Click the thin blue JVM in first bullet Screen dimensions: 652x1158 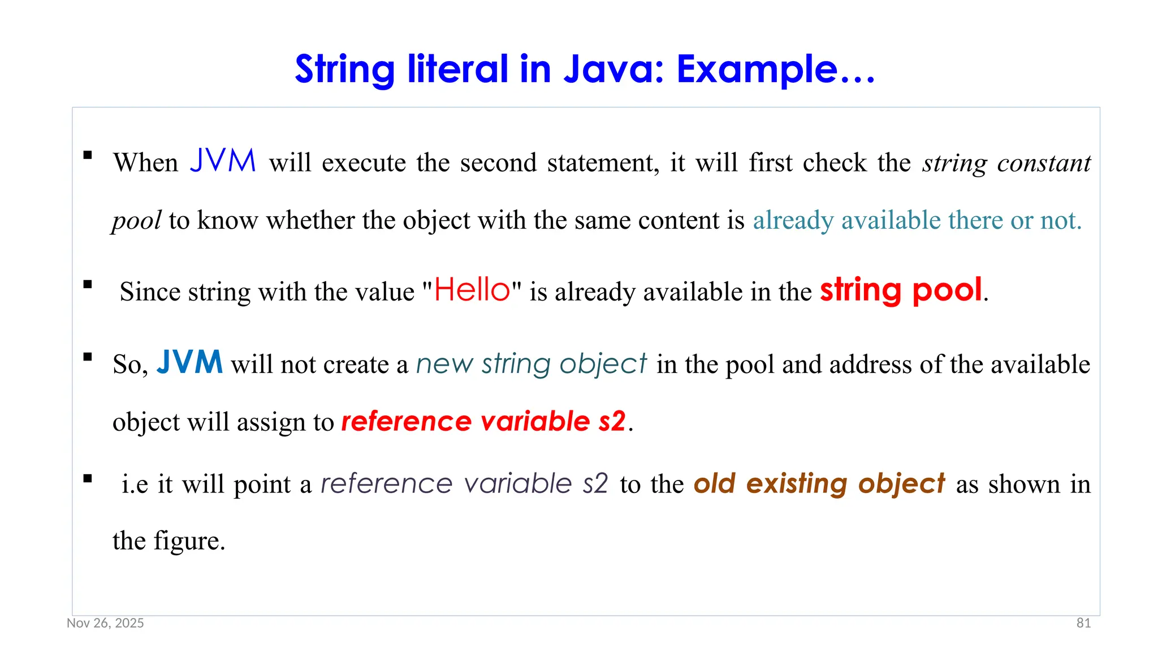pyautogui.click(x=223, y=161)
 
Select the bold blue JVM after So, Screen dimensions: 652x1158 pyautogui.click(x=189, y=362)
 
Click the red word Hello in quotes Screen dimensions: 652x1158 pyautogui.click(x=473, y=290)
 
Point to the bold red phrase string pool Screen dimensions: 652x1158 pyautogui.click(x=901, y=290)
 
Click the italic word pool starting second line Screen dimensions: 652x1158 pyautogui.click(x=137, y=221)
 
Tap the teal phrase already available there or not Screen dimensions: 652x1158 pyautogui.click(x=917, y=220)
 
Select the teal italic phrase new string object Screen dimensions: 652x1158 pyautogui.click(x=531, y=363)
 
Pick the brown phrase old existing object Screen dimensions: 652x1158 pyautogui.click(x=819, y=483)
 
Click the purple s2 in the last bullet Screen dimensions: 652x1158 pyautogui.click(x=595, y=484)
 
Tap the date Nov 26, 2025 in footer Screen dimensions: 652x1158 pyautogui.click(x=105, y=623)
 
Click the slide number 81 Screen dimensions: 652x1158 pyautogui.click(x=1083, y=623)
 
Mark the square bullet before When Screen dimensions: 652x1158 pyautogui.click(x=88, y=155)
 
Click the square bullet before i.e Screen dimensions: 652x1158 pyautogui.click(x=88, y=479)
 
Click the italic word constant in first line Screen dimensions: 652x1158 pyautogui.click(x=1043, y=163)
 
